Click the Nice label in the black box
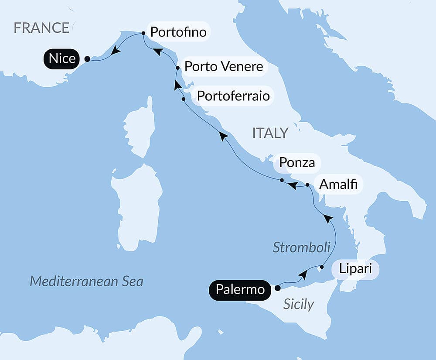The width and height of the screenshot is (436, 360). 62,58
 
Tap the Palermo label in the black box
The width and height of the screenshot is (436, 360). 240,289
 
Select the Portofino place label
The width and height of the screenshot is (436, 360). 177,32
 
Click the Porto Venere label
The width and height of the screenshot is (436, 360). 224,67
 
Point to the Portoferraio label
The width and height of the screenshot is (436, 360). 233,95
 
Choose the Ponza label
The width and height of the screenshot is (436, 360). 297,163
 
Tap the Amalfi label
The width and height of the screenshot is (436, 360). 338,185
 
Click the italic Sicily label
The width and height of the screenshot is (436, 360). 299,304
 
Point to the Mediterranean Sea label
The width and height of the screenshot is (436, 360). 86,281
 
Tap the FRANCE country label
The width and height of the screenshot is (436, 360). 41,28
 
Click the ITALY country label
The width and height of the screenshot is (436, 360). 270,133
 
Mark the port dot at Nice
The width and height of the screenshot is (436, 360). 87,59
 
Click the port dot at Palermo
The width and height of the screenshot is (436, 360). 278,288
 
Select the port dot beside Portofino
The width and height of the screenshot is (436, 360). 143,33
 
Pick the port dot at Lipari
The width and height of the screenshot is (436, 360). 322,267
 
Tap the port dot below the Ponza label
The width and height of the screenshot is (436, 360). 282,180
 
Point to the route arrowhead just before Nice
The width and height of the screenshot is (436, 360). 116,51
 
